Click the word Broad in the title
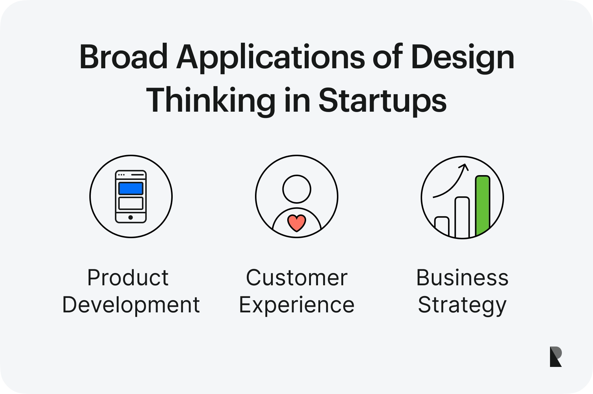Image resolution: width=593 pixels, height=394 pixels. click(x=123, y=57)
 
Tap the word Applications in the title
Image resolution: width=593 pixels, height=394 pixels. click(x=271, y=58)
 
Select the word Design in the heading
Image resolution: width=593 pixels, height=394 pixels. click(x=463, y=58)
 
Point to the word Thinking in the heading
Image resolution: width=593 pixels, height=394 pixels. click(x=211, y=102)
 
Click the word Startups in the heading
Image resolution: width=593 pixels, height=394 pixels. click(x=382, y=102)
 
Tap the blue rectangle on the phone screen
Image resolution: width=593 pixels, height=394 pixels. click(x=131, y=188)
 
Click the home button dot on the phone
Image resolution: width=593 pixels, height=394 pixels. click(x=130, y=217)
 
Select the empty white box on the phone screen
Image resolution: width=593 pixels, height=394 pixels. click(x=131, y=203)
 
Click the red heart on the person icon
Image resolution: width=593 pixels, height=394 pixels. click(x=297, y=223)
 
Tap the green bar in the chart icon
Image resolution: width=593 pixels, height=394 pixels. click(x=483, y=205)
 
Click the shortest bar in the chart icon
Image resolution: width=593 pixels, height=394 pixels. click(x=442, y=226)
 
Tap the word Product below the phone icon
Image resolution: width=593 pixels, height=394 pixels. click(x=128, y=278)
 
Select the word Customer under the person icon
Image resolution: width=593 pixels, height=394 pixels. click(x=297, y=278)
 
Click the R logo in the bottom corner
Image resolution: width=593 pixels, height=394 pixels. click(x=556, y=357)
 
